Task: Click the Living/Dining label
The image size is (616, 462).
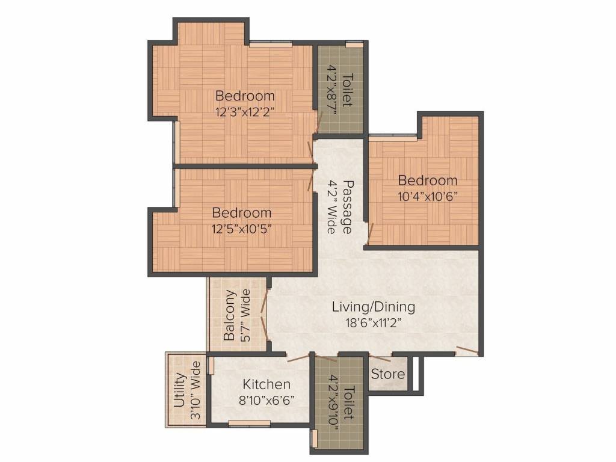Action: pyautogui.click(x=374, y=307)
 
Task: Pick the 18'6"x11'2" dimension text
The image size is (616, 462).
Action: pyautogui.click(x=374, y=322)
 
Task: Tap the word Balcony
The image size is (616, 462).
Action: pyautogui.click(x=229, y=316)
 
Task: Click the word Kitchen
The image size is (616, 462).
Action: pyautogui.click(x=266, y=384)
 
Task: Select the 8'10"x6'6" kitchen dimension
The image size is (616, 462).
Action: pyautogui.click(x=266, y=399)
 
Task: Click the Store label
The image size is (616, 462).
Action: pyautogui.click(x=387, y=374)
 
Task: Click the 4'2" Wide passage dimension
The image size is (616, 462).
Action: pyautogui.click(x=331, y=206)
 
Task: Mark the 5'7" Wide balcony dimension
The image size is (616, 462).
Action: pyautogui.click(x=245, y=316)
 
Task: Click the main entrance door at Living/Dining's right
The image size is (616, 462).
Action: pyautogui.click(x=467, y=351)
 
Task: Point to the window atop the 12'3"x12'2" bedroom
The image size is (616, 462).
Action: pyautogui.click(x=271, y=43)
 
